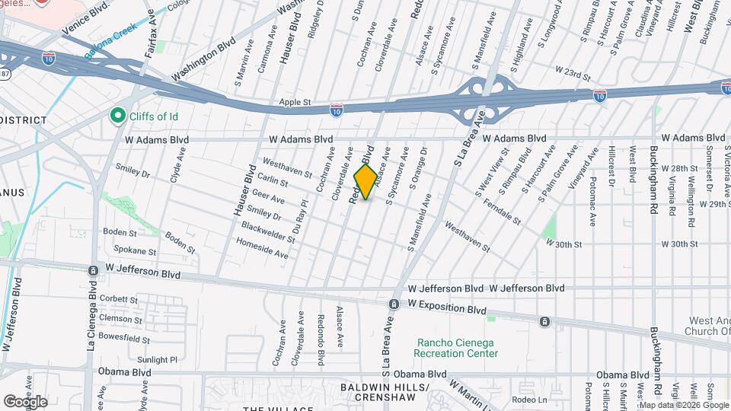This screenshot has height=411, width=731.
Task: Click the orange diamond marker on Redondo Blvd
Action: (365, 182)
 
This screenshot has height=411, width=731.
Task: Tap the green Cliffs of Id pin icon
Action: (117, 116)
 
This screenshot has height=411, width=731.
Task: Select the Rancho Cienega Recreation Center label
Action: (456, 348)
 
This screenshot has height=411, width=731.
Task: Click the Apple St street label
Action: (295, 102)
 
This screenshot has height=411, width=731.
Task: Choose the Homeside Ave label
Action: (263, 249)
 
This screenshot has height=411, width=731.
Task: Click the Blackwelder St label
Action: (268, 232)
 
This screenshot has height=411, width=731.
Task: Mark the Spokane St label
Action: (135, 250)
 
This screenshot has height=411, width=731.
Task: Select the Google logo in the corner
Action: (25, 401)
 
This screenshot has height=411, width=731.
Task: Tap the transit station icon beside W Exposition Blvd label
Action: (394, 304)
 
